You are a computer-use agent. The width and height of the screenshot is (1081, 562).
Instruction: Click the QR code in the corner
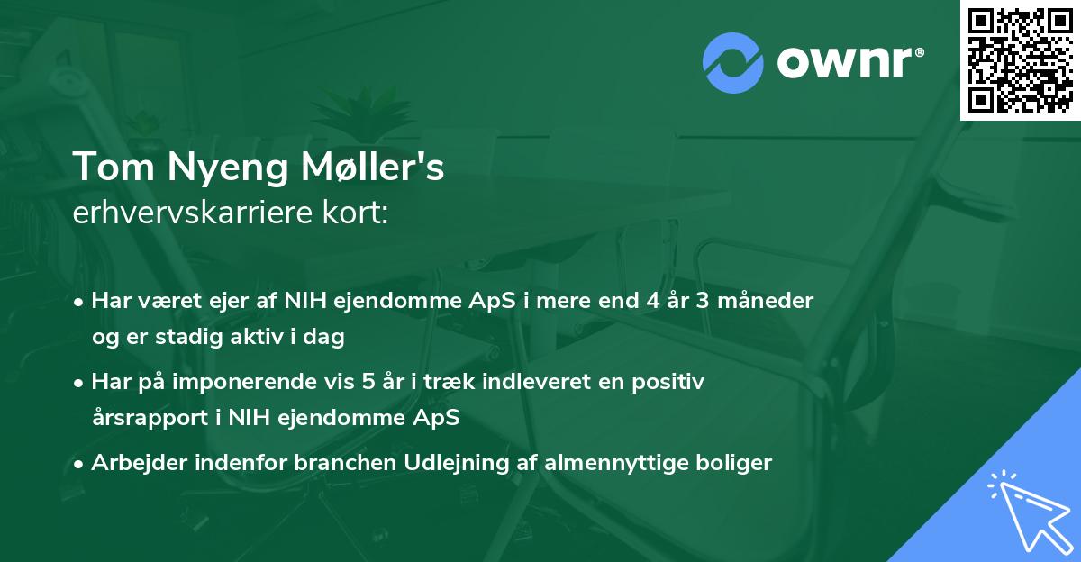point(1020,60)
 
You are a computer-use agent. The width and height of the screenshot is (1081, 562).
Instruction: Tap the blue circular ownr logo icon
point(732,62)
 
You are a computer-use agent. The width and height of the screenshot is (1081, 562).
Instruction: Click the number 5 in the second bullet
point(368,382)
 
